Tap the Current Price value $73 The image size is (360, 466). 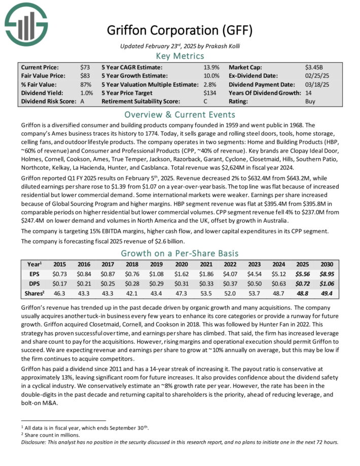click(x=85, y=67)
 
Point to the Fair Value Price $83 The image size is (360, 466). click(x=85, y=76)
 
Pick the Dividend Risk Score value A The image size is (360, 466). click(x=82, y=101)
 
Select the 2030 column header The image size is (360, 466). click(x=326, y=264)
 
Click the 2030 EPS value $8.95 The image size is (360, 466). click(x=326, y=274)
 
